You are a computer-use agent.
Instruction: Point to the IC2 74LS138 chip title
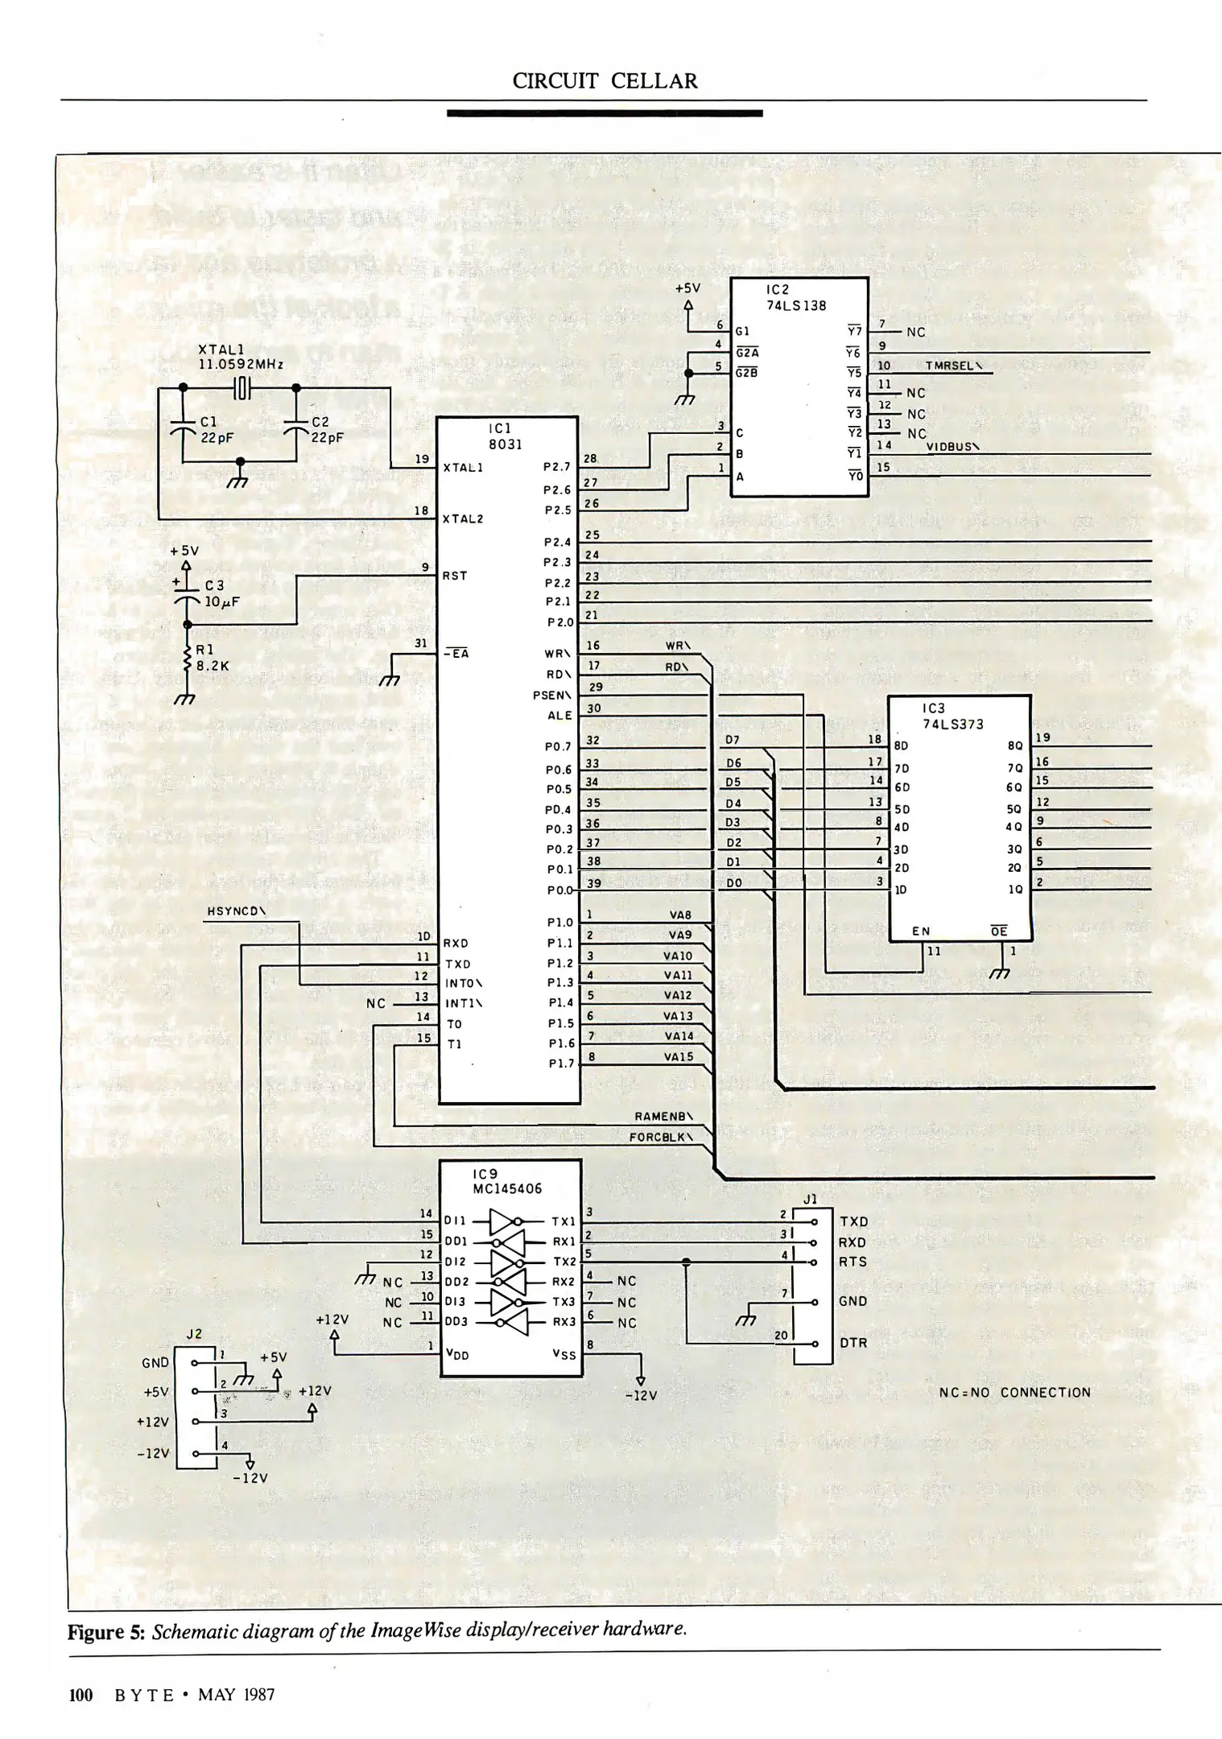coord(795,297)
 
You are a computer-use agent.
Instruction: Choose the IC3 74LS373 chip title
coord(952,716)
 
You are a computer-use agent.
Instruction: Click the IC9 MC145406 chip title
coord(507,1181)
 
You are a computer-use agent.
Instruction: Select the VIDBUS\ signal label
coord(952,447)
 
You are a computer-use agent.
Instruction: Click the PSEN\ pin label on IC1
coord(552,695)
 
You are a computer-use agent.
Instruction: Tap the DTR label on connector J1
coord(853,1343)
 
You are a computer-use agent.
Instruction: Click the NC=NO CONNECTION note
coord(1014,1392)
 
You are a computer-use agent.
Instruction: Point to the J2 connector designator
coord(194,1333)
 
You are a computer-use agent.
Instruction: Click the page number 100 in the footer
coord(81,1695)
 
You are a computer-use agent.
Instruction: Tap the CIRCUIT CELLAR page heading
coord(605,81)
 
